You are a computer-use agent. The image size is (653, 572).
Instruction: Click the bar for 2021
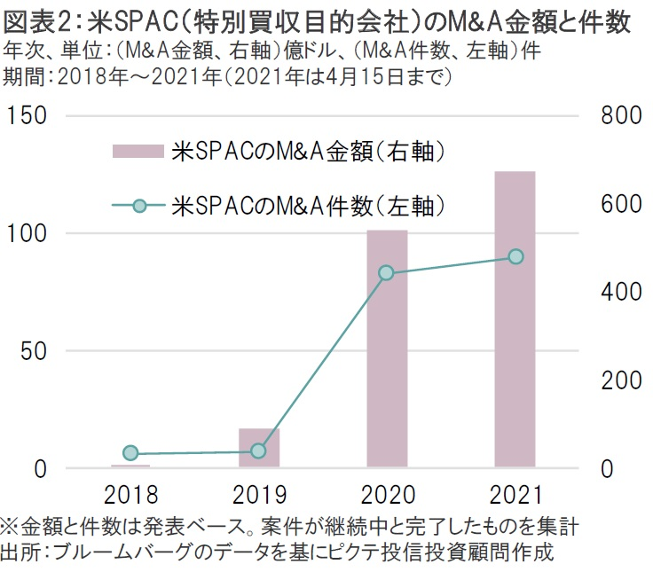(x=515, y=318)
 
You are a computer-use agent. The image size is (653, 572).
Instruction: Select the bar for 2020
(x=387, y=348)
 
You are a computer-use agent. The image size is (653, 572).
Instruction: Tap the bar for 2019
(x=259, y=447)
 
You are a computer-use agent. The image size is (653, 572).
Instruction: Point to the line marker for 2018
(x=130, y=453)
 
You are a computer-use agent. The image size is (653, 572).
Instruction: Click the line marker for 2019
(x=258, y=451)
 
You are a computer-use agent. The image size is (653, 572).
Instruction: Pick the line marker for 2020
(x=386, y=273)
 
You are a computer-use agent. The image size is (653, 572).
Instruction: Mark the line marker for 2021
(x=515, y=257)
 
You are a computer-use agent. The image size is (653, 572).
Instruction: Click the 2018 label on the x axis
(x=130, y=495)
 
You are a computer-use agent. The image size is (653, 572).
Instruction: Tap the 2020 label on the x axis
(x=387, y=495)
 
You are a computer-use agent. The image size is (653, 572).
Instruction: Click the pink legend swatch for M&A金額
(x=138, y=152)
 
